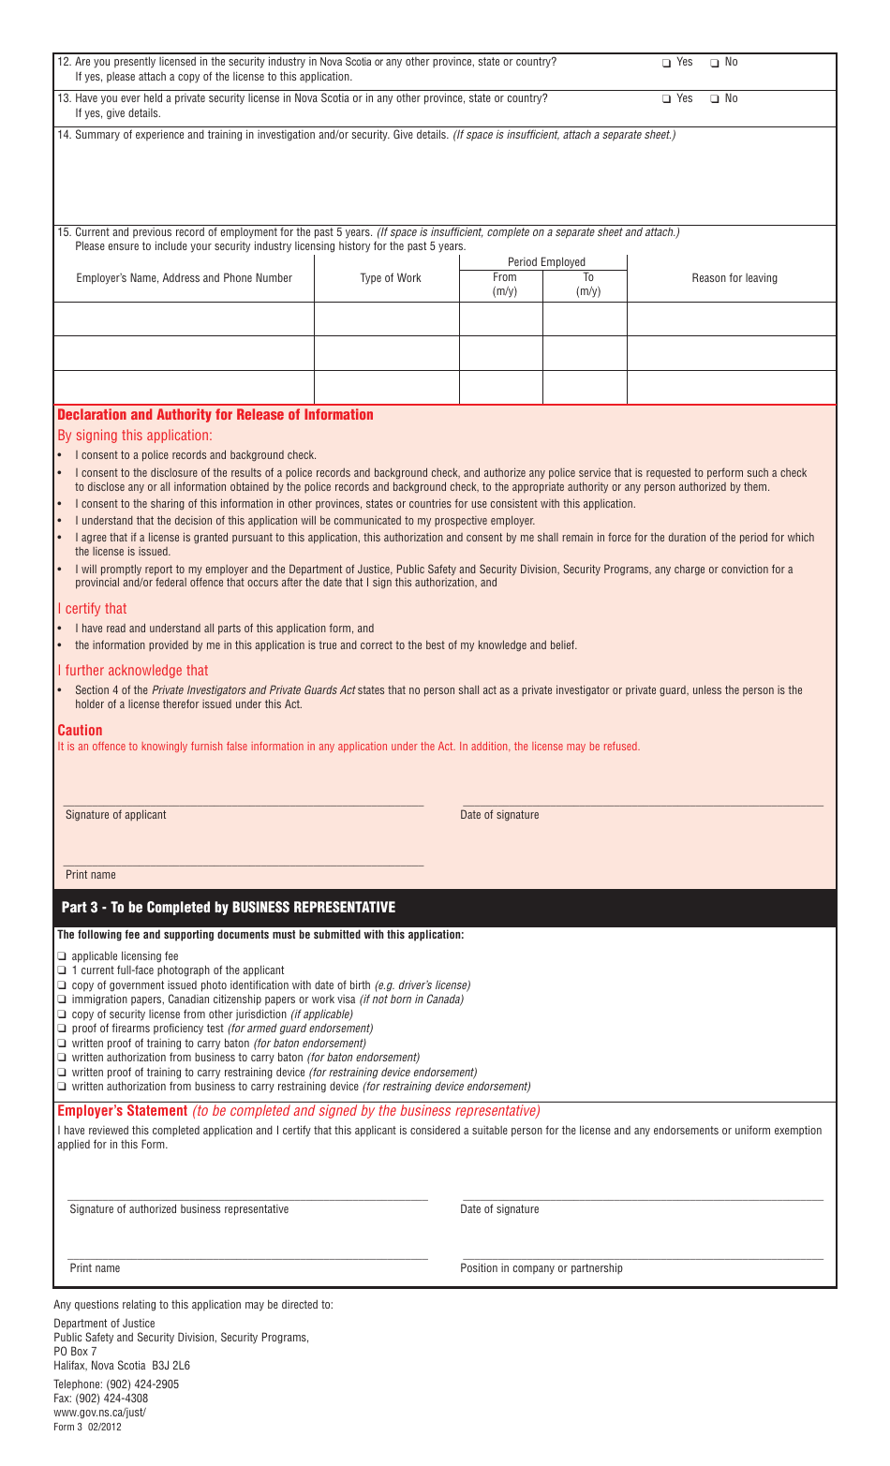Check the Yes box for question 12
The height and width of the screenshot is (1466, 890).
(667, 63)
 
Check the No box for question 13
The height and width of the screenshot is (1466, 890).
(715, 99)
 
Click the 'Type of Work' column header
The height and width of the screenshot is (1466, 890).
(391, 278)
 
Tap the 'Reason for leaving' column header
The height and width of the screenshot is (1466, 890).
(734, 278)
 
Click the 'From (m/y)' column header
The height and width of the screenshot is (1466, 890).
(504, 285)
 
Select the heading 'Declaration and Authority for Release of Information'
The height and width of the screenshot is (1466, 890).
(215, 415)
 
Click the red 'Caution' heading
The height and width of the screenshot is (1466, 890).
(80, 731)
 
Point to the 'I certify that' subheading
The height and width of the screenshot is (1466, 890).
(92, 609)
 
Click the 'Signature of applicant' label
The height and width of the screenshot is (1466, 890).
(115, 815)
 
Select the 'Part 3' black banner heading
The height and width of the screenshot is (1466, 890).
(229, 908)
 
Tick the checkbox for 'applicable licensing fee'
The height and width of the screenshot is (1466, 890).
(62, 956)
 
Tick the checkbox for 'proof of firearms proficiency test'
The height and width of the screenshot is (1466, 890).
(62, 1029)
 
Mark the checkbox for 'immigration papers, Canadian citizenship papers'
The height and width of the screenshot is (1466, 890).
(62, 1000)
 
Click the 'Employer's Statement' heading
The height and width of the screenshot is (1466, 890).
(123, 1111)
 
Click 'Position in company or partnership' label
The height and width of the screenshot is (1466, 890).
(541, 1268)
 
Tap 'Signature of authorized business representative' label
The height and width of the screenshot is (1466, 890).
(179, 1209)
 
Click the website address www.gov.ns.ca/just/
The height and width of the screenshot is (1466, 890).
(99, 1413)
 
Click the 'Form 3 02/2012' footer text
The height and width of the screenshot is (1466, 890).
(87, 1428)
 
